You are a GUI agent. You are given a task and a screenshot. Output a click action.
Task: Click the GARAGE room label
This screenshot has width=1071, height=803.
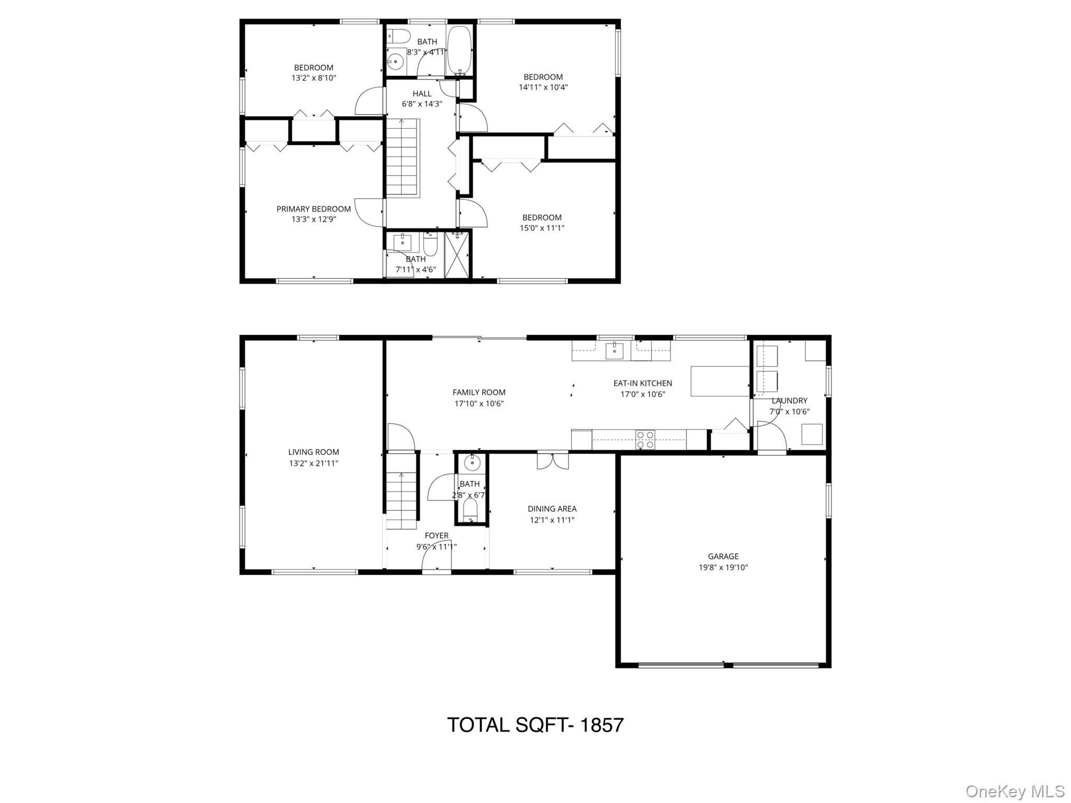[723, 556]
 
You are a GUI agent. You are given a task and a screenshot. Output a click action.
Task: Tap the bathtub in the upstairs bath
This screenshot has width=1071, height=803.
[460, 50]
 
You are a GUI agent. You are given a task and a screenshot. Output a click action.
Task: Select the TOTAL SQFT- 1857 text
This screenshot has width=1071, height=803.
[535, 725]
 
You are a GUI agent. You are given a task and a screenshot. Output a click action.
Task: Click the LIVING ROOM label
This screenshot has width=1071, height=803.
[314, 452]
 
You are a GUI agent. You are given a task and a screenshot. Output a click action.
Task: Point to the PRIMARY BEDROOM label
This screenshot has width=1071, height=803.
[314, 209]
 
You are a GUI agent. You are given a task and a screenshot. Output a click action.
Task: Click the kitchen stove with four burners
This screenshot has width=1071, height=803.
[645, 440]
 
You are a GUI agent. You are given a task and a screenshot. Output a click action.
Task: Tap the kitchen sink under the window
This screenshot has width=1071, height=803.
[614, 350]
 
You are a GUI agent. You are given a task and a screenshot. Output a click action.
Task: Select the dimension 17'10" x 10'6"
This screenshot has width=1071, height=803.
[479, 404]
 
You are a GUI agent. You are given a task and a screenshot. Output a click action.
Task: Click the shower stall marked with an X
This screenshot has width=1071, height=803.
[458, 255]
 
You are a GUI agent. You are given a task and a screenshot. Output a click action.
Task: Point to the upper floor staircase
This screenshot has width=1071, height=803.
[402, 157]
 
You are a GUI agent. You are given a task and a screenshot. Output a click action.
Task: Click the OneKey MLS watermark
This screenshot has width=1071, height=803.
[1015, 791]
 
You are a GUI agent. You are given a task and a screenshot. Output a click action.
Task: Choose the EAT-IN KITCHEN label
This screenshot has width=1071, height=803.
[643, 383]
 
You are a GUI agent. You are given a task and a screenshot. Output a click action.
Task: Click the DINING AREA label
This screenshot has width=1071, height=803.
[552, 509]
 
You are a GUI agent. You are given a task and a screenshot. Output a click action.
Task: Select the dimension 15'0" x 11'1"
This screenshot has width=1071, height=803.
[542, 228]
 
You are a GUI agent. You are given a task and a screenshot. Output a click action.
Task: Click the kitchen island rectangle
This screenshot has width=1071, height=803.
[720, 381]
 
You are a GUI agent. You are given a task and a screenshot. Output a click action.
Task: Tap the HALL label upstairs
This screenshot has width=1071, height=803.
[422, 94]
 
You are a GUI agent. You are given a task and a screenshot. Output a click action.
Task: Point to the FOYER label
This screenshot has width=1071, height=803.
[437, 535]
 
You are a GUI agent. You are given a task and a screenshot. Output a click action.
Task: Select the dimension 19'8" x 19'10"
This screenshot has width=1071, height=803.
[723, 567]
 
